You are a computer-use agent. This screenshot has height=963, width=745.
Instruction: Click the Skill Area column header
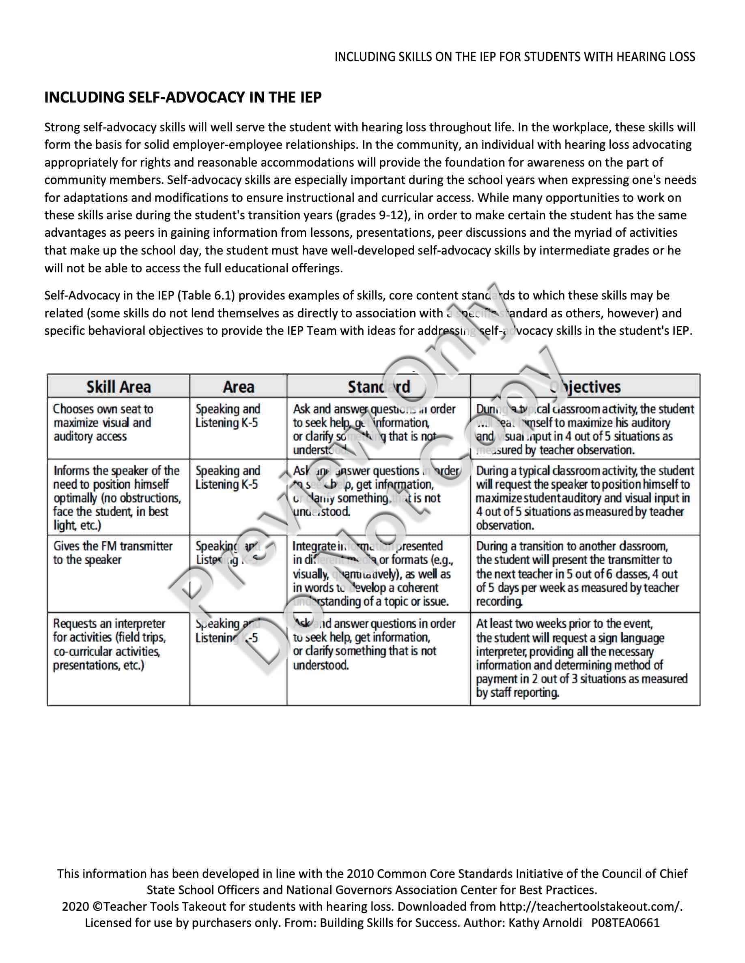point(118,387)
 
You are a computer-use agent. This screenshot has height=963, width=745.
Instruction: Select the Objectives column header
point(585,387)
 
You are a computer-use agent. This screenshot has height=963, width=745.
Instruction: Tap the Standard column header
point(379,387)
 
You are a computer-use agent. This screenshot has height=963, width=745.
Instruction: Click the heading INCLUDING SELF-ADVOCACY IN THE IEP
point(183,97)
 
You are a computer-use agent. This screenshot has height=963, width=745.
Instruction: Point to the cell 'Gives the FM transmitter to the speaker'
point(112,553)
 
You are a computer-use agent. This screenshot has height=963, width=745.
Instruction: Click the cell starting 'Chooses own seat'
point(103,422)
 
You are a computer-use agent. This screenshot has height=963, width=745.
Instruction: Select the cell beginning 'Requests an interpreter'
point(109,644)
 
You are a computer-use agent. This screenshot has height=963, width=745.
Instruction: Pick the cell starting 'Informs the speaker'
point(116,498)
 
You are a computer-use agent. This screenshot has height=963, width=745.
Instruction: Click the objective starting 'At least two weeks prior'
point(581,658)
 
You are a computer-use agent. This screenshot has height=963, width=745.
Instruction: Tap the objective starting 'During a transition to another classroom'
point(577,574)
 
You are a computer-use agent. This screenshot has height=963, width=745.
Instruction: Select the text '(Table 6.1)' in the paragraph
point(206,295)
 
